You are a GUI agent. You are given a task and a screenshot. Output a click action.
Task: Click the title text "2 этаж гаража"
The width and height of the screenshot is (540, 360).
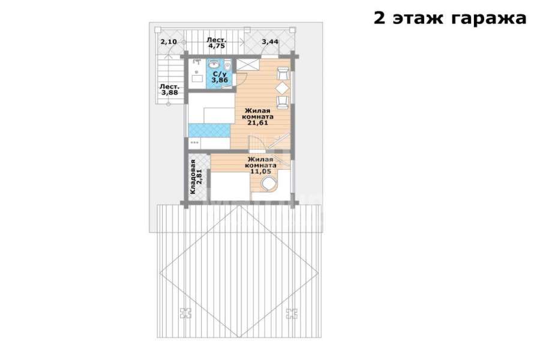(450, 18)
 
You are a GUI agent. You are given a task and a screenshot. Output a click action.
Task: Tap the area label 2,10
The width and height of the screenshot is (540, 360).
(169, 42)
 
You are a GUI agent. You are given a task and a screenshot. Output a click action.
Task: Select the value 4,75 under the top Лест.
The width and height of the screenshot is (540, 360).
(216, 46)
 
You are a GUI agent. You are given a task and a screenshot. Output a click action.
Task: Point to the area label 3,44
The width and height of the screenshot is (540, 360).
(271, 42)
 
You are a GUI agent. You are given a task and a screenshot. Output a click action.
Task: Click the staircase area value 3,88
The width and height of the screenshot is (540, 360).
(170, 92)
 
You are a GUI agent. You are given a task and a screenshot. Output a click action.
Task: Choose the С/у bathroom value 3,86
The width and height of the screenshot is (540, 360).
(220, 80)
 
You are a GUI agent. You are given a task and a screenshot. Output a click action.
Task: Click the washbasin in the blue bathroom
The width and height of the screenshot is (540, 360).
(214, 64)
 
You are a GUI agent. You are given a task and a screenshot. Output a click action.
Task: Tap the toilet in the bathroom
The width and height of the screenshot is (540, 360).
(227, 65)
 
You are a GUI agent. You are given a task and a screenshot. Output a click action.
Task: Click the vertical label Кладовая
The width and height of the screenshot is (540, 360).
(193, 176)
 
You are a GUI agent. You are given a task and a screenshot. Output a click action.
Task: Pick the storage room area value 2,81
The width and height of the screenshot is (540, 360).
(199, 176)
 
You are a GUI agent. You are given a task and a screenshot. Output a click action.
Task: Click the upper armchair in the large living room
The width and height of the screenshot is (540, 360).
(283, 73)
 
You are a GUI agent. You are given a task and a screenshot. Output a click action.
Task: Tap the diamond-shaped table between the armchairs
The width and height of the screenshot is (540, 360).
(282, 88)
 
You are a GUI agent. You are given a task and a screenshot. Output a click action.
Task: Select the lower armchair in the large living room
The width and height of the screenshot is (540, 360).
(283, 103)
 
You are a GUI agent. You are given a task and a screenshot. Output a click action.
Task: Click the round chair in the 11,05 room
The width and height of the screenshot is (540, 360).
(269, 184)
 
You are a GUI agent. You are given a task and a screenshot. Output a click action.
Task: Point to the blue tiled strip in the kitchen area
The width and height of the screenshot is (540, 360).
(209, 130)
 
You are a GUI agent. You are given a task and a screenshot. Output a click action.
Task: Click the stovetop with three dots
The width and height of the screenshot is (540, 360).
(195, 142)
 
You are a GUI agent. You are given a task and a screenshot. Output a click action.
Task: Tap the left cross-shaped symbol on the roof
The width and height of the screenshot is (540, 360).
(185, 313)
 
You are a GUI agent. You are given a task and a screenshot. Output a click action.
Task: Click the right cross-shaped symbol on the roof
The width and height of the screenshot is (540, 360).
(292, 313)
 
